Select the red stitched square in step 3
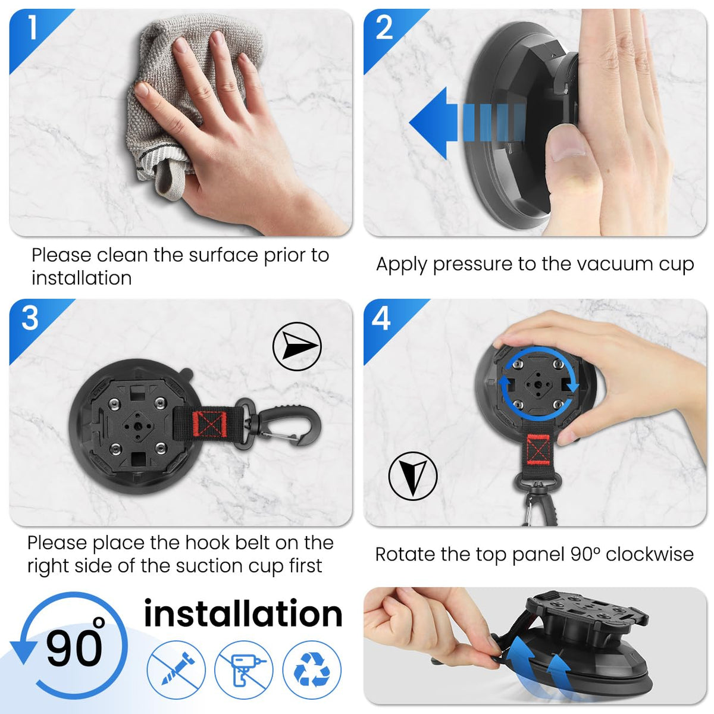(209, 424)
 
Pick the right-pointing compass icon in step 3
(297, 346)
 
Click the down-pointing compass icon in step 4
(413, 476)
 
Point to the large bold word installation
(243, 613)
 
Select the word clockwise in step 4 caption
(650, 555)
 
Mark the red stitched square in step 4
(538, 449)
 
